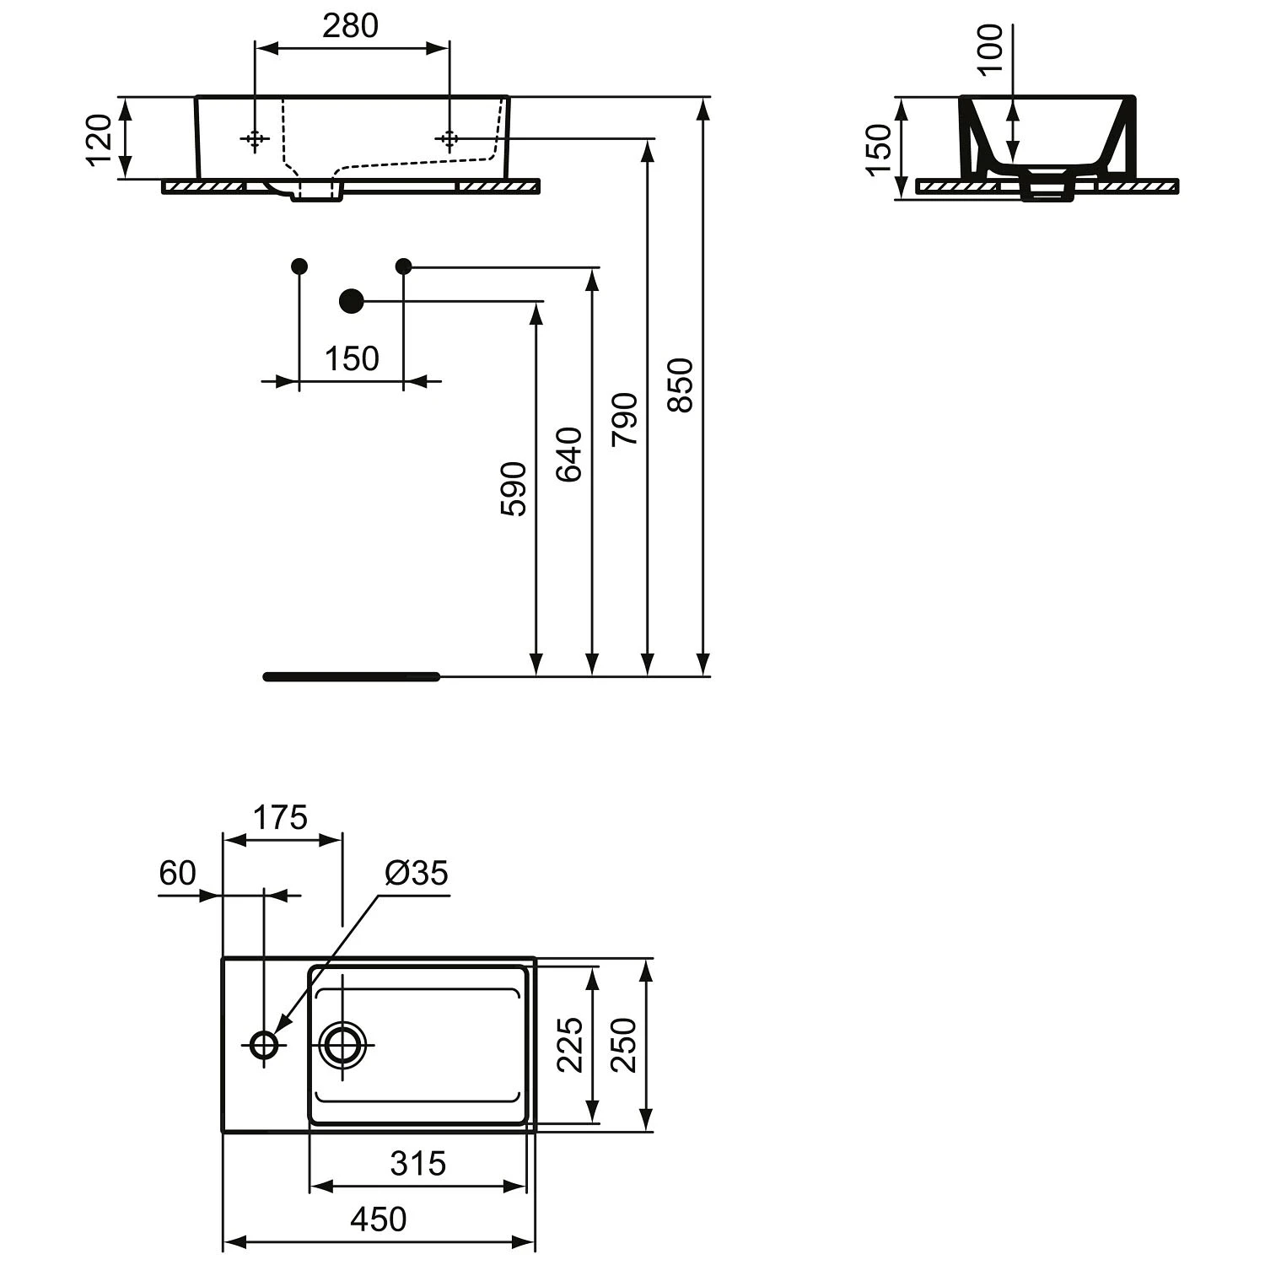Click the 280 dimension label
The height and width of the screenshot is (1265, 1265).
[x=351, y=26]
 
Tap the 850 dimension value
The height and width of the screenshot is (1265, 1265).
[x=680, y=385]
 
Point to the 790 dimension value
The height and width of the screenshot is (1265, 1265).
[x=625, y=419]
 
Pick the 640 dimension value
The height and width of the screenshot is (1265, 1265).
[x=569, y=454]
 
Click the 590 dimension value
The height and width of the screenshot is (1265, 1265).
[x=514, y=488]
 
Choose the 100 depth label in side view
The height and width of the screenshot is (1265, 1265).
[x=992, y=48]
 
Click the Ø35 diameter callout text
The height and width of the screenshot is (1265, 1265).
[x=417, y=873]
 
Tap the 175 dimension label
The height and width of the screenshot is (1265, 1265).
[x=281, y=817]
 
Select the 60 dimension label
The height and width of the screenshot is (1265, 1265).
[x=177, y=873]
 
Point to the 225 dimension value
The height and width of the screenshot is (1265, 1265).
[x=571, y=1044]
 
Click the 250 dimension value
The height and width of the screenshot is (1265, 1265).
[x=624, y=1044]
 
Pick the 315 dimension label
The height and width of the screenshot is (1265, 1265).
[x=418, y=1164]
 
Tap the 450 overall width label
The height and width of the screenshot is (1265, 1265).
[x=379, y=1219]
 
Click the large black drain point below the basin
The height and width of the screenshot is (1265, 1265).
[x=351, y=300]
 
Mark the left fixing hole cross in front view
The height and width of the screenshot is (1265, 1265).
[x=254, y=138]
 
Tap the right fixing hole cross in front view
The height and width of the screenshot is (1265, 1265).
[x=449, y=138]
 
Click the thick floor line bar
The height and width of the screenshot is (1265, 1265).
[x=352, y=676]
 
